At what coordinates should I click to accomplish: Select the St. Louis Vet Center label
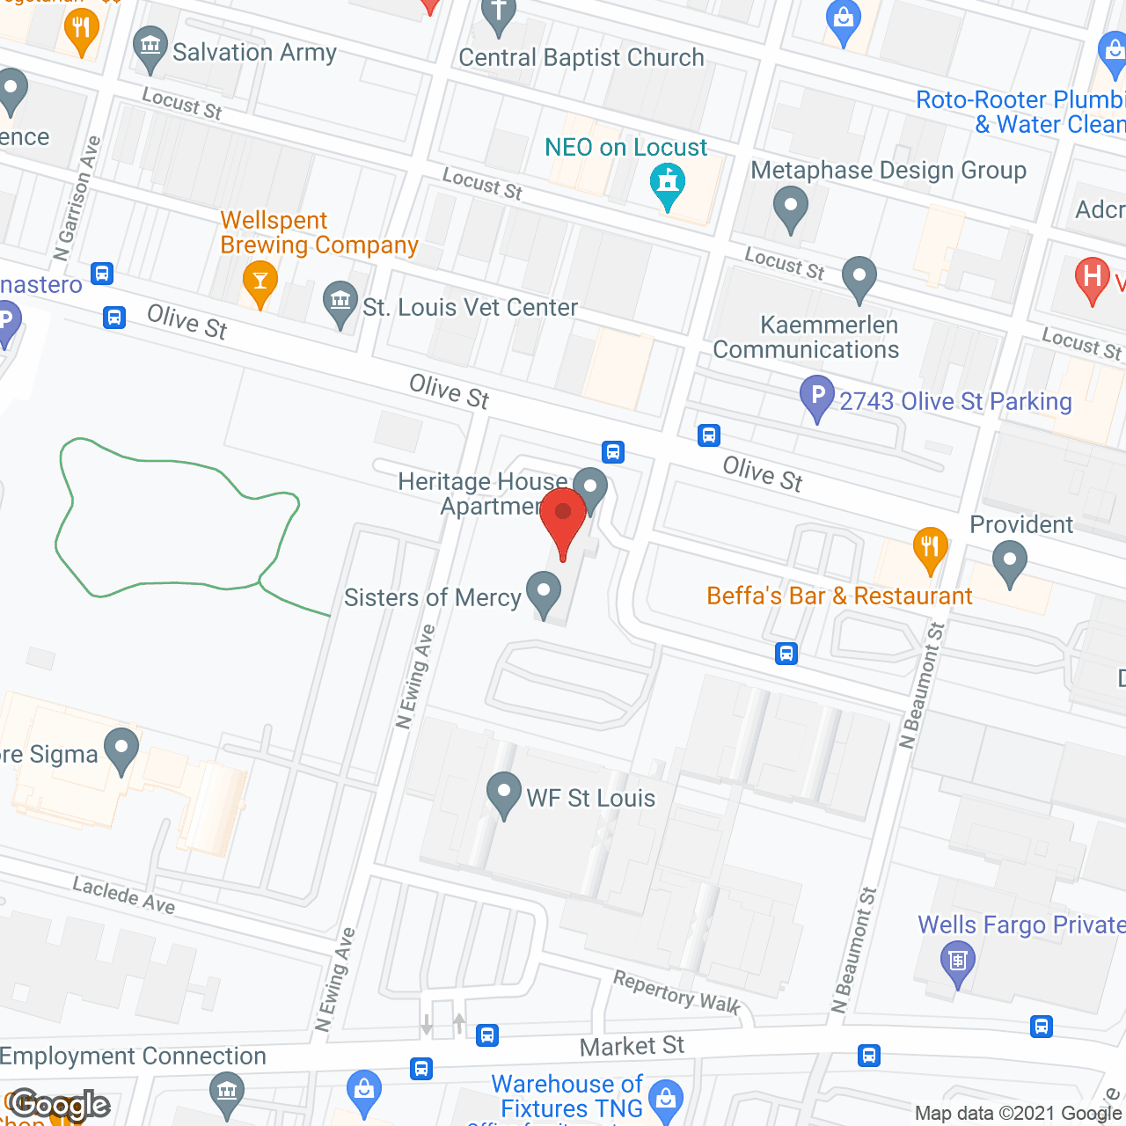(470, 307)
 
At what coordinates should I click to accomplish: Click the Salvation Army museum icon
(150, 46)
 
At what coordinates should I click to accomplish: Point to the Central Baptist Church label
(581, 58)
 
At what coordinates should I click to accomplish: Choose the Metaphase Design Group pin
(790, 208)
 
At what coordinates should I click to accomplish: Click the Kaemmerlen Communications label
(806, 338)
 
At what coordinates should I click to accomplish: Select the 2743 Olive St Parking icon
(817, 396)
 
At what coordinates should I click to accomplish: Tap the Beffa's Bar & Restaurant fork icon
(930, 547)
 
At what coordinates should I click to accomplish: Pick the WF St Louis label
(590, 799)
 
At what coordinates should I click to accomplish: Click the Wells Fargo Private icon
(958, 960)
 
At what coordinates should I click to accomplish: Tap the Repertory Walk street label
(676, 992)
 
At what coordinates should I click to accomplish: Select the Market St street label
(632, 1046)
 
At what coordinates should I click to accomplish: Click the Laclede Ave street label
(124, 895)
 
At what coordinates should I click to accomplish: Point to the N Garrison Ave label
(77, 199)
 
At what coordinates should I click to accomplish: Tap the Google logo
(60, 1105)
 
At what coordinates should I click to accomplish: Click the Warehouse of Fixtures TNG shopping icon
(666, 1099)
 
